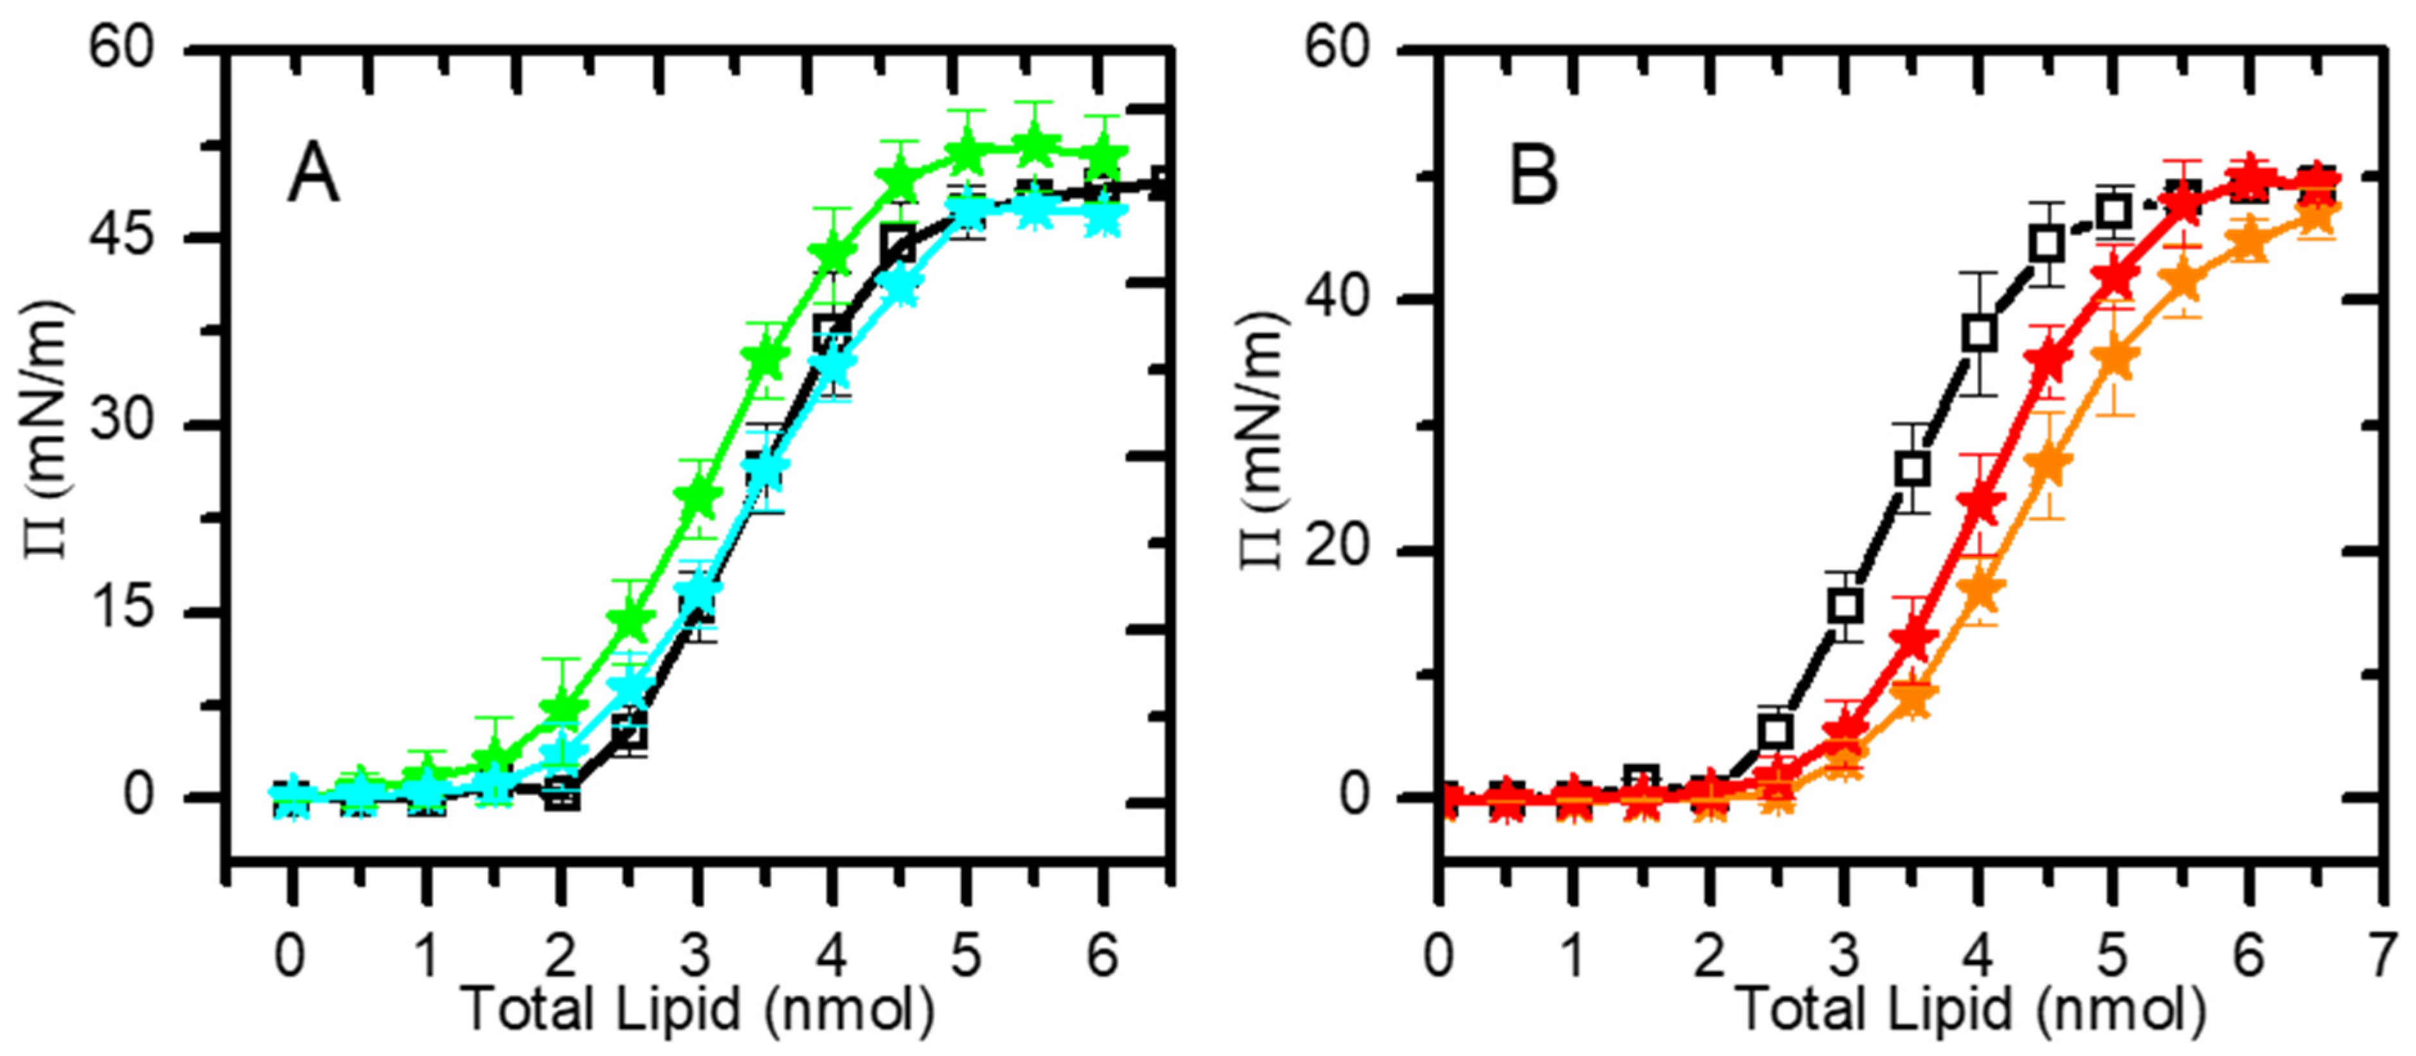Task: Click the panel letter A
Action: [x=312, y=176]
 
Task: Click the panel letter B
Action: [x=1533, y=176]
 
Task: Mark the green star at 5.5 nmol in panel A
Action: [x=1035, y=145]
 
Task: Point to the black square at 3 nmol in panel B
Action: [x=1845, y=606]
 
